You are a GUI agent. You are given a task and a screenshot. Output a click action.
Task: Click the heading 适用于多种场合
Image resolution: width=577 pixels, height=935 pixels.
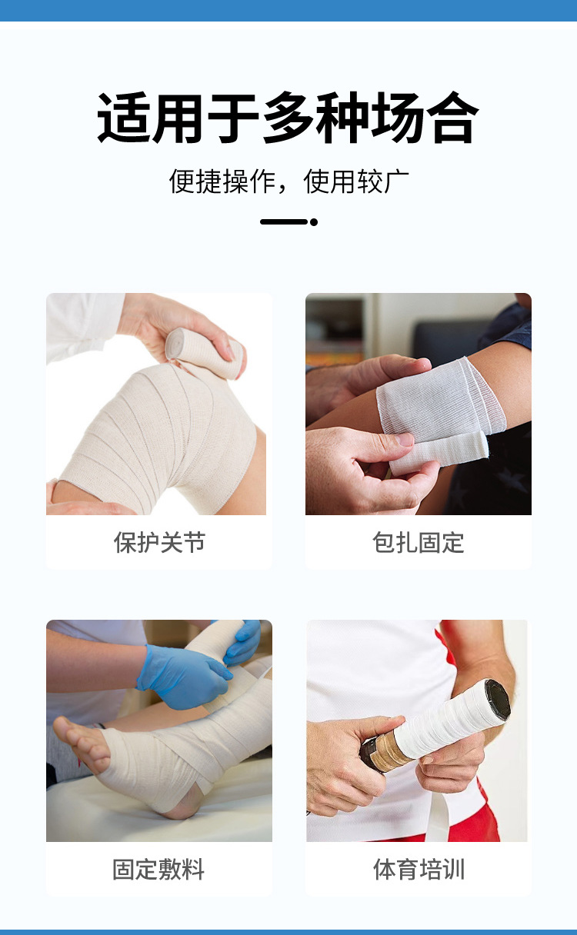288,118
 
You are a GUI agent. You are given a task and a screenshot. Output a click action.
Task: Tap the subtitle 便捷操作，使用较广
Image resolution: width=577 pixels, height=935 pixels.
288,182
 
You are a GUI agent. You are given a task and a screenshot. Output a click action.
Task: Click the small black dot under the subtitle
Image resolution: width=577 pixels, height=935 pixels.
314,222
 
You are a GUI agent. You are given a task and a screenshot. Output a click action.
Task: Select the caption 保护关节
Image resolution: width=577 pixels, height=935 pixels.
159,543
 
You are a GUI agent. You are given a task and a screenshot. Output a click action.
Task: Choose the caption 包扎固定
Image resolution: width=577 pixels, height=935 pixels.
419,543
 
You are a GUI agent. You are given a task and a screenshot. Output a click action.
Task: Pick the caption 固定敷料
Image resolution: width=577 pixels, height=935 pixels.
158,870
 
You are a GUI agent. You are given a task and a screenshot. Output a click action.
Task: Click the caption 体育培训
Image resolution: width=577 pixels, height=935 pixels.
419,870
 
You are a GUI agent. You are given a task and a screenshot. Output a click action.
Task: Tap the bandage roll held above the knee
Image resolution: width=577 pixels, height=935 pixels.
204,353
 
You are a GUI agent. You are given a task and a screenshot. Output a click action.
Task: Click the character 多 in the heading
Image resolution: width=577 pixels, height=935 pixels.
288,118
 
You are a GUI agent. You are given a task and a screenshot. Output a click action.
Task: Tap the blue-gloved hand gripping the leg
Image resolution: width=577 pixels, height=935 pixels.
184,676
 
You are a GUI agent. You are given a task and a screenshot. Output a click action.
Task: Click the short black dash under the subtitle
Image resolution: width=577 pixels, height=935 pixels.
284,222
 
